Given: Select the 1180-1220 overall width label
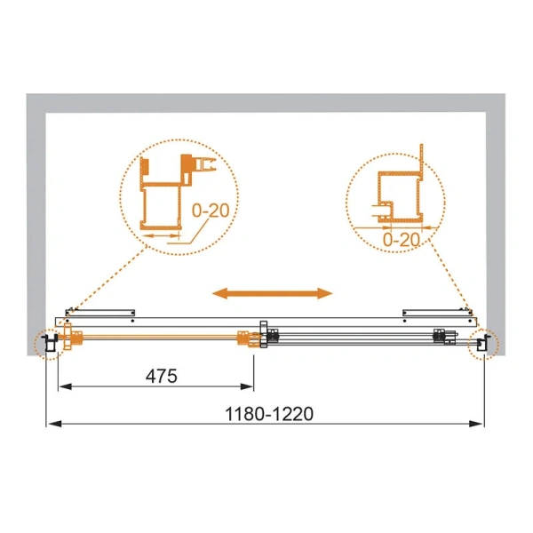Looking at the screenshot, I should [270, 412].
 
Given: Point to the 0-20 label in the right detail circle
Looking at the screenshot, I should [402, 238].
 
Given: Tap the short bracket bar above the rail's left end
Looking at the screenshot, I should [102, 311].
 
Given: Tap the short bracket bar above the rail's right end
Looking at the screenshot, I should [436, 311].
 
